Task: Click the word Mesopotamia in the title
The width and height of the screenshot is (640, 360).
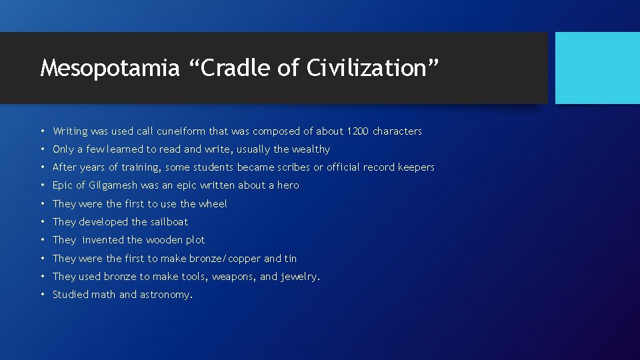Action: (x=109, y=68)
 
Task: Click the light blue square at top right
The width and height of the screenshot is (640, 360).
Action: (x=597, y=68)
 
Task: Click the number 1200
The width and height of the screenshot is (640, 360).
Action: (x=358, y=131)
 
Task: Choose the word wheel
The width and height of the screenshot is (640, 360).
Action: (x=213, y=204)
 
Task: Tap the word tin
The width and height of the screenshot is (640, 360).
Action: (x=291, y=259)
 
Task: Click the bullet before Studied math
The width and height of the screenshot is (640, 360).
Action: (x=42, y=295)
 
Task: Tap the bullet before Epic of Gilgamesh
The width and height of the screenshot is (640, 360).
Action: (x=42, y=185)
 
